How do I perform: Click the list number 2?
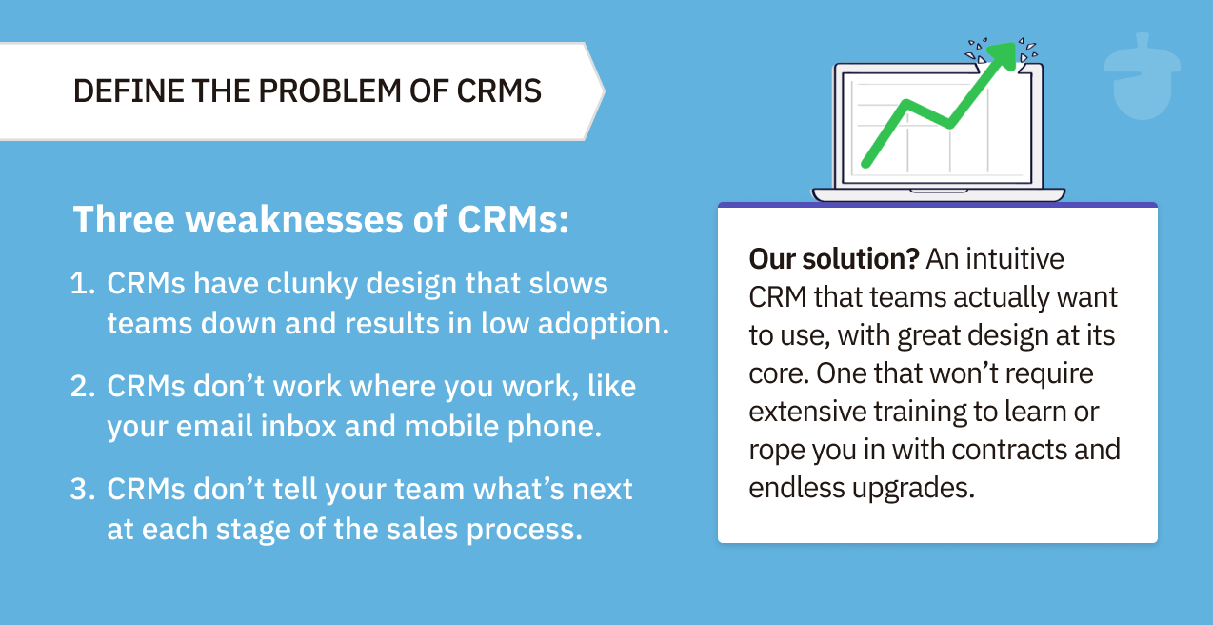(x=82, y=387)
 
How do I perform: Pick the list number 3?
(x=82, y=490)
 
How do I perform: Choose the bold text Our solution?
(x=833, y=259)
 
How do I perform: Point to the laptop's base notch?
(x=938, y=191)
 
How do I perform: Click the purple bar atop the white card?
(x=937, y=205)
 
